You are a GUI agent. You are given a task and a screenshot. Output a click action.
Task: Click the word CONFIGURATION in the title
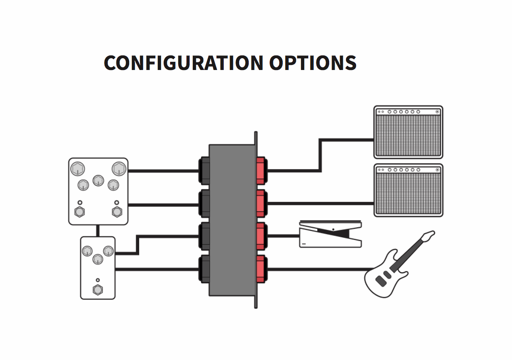pos(183,63)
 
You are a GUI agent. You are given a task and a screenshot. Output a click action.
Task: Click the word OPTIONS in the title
pos(312,63)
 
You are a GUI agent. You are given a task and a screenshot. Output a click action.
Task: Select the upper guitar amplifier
pos(408,132)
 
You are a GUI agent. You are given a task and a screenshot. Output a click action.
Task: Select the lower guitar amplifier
pos(408,190)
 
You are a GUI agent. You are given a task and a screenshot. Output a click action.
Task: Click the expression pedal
pos(331,234)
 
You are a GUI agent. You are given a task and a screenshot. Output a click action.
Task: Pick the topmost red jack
pos(261,171)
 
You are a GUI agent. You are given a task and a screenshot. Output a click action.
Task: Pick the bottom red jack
pos(261,269)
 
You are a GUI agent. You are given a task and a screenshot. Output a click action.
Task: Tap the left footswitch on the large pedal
pos(80,211)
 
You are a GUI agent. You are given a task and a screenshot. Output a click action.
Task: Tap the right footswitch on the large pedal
pos(117,211)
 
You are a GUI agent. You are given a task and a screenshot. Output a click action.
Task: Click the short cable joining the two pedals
pos(98,230)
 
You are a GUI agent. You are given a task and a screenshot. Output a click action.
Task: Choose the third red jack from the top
pos(261,236)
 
